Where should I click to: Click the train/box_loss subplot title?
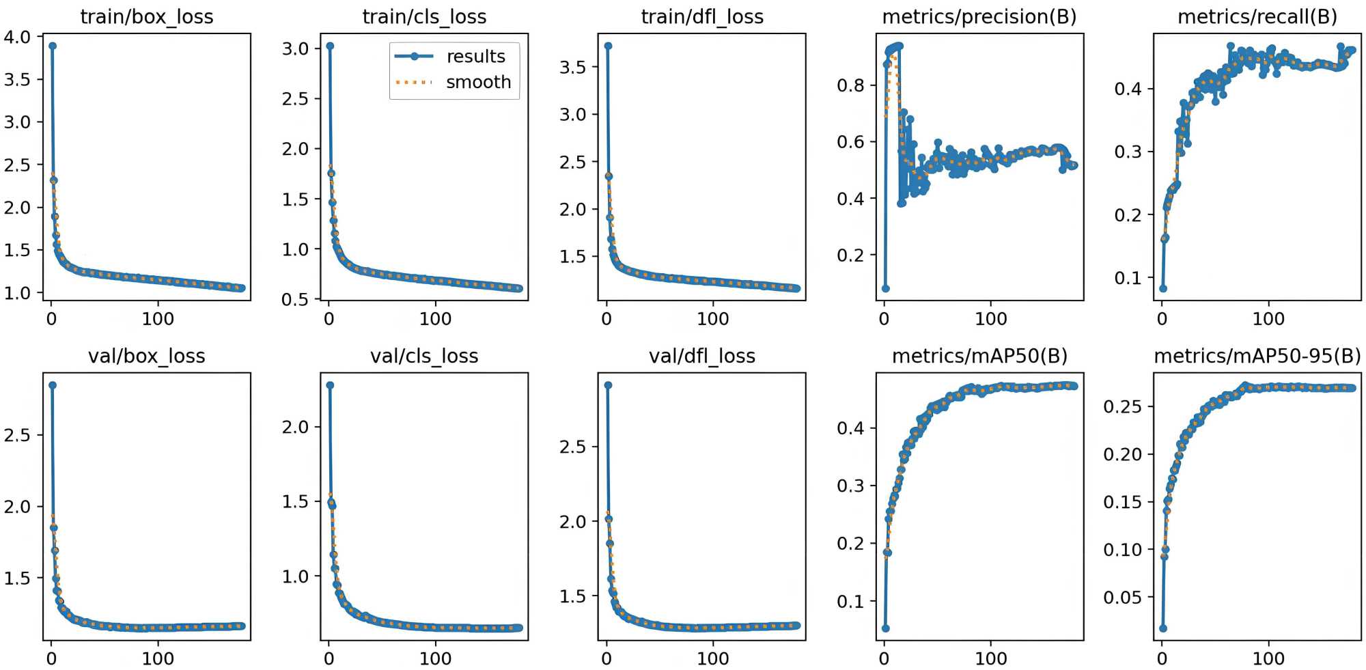click(147, 16)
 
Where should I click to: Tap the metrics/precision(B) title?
click(979, 16)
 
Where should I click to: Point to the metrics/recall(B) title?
click(1257, 16)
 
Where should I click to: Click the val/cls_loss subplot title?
click(424, 356)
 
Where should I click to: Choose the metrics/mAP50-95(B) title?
click(1257, 356)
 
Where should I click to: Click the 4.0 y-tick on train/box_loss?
click(18, 37)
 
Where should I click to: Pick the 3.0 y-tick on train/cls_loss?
click(296, 48)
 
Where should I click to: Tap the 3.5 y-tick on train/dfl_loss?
click(573, 67)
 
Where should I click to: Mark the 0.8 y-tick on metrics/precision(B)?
click(851, 85)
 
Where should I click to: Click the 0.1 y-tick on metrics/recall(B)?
click(1128, 278)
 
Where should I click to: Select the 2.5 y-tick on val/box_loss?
click(18, 435)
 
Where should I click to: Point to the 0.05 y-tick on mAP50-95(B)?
click(1123, 598)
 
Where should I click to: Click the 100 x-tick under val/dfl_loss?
click(713, 658)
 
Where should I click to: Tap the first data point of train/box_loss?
click(53, 46)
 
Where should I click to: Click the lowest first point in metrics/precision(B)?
click(886, 288)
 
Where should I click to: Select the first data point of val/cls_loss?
click(330, 385)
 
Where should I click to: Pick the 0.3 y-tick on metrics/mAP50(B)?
click(851, 486)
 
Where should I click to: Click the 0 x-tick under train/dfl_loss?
click(607, 319)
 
